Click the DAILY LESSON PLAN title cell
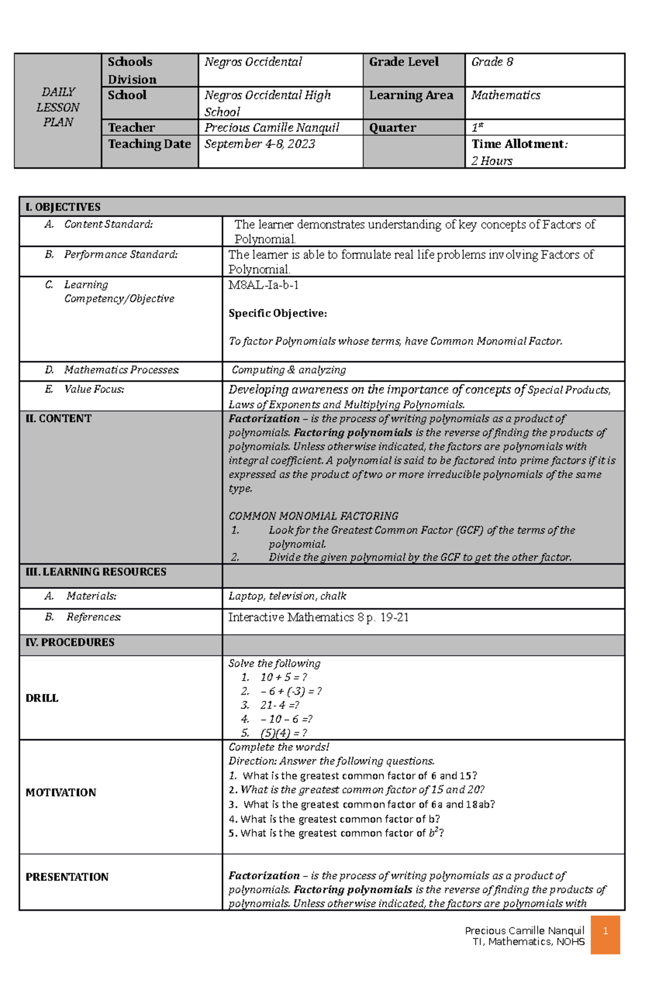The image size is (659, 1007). coord(58,108)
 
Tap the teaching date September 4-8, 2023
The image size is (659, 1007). coord(260,144)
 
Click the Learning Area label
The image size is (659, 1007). coord(411,95)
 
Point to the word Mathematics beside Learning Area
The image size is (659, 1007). coord(505,95)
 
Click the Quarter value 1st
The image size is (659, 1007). coord(477,128)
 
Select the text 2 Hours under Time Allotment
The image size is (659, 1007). coord(492,161)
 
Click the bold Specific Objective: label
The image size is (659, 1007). coord(277,313)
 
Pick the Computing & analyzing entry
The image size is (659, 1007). coord(288,370)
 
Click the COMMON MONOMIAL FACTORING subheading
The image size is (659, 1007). coord(313,516)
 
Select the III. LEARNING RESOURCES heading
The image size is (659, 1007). coord(96,572)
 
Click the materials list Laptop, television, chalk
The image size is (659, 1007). coord(287,596)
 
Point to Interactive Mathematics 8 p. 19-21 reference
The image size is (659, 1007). coord(318,617)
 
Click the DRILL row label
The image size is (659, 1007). coord(42,698)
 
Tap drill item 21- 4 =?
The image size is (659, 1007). coord(279,705)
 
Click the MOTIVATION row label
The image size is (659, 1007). coord(60,792)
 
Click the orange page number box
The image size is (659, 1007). coord(605,935)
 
